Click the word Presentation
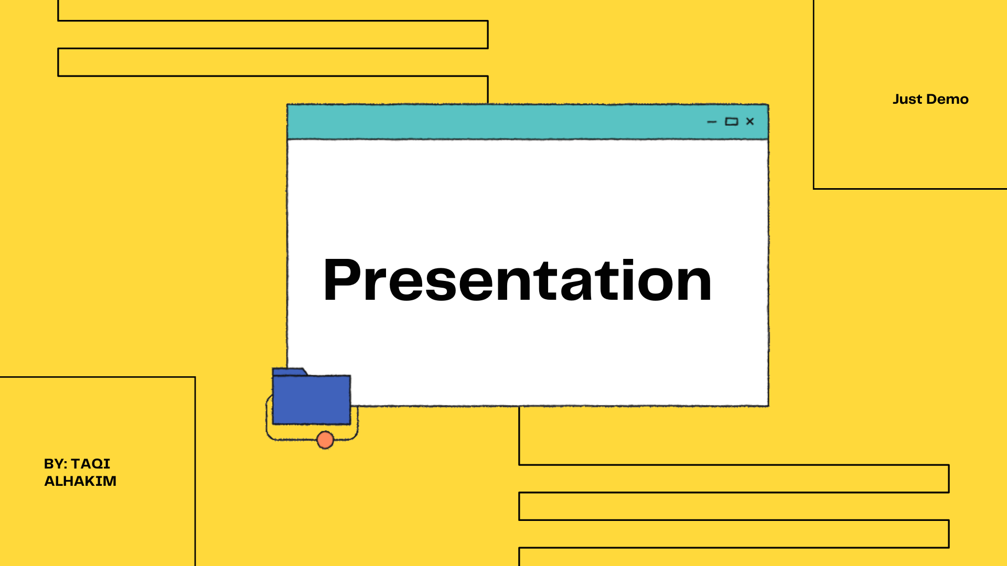tap(517, 280)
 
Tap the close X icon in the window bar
tap(750, 122)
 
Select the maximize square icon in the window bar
tap(731, 122)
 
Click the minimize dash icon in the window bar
tap(712, 122)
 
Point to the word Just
tap(907, 99)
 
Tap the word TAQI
tap(91, 464)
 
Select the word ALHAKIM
tap(80, 481)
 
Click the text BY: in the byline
tap(56, 464)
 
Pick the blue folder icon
tap(311, 397)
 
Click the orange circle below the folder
tap(325, 440)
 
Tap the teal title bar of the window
tap(528, 122)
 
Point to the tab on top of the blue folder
tap(289, 372)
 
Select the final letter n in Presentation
tap(693, 285)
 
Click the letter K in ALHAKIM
tap(97, 481)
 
